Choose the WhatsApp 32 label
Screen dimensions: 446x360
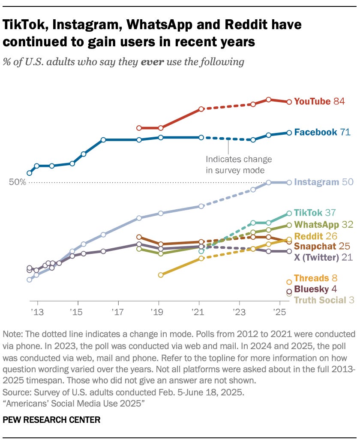point(322,225)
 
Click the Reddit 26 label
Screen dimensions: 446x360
point(315,236)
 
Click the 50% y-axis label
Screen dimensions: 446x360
point(18,182)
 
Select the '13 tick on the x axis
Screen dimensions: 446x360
point(37,311)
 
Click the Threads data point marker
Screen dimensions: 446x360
point(289,282)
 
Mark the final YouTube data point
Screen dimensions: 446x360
point(289,102)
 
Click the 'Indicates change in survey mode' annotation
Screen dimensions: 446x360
point(238,164)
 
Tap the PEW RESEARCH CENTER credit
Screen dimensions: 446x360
point(51,420)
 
